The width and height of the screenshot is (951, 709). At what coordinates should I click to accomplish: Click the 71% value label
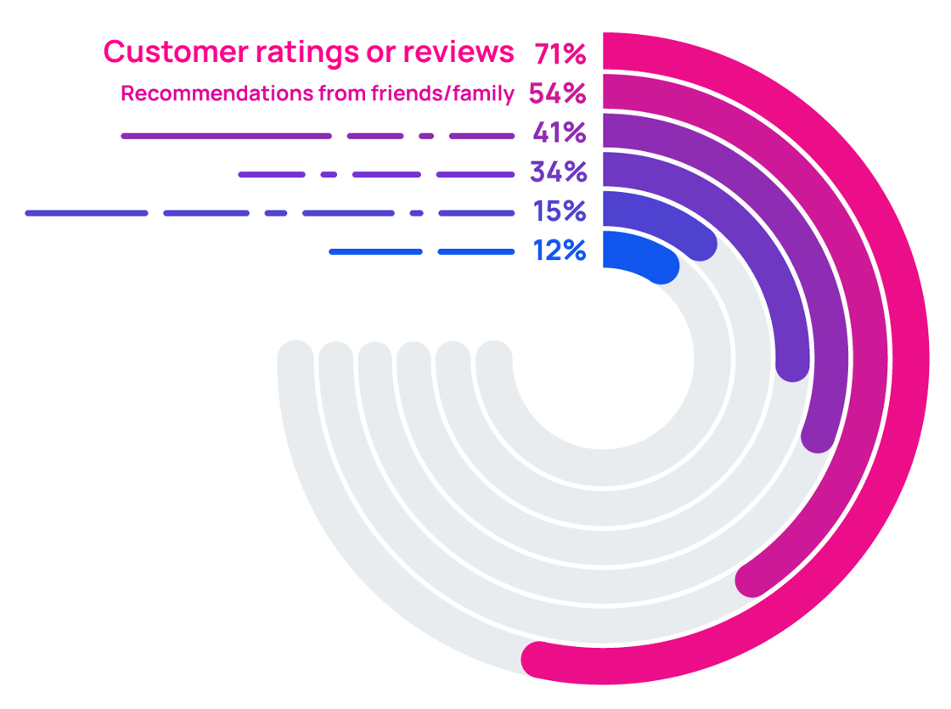[x=560, y=53]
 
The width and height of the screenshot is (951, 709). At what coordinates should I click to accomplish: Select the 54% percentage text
[x=557, y=93]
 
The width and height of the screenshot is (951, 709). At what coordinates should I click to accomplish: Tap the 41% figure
[x=560, y=133]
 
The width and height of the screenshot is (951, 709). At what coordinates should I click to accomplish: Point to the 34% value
[x=558, y=172]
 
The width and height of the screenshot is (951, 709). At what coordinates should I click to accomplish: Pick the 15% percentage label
[x=560, y=211]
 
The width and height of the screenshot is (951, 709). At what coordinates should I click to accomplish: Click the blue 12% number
[x=560, y=250]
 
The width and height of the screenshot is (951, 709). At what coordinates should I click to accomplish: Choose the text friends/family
[x=442, y=93]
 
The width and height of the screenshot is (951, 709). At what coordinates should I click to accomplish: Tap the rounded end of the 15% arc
[x=700, y=245]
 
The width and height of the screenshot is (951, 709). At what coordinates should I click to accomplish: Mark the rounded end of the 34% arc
[x=792, y=364]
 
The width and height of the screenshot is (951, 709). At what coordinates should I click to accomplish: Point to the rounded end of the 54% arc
[x=752, y=580]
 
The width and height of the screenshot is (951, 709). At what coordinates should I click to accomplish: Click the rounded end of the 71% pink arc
[x=538, y=660]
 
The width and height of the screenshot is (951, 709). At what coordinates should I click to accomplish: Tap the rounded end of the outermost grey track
[x=295, y=357]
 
